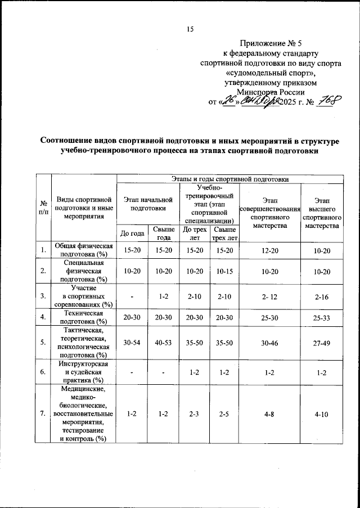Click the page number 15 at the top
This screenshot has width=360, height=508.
point(190,30)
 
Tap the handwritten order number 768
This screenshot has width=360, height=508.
point(327,102)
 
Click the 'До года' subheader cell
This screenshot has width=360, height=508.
point(132,233)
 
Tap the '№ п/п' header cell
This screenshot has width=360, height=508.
point(43,208)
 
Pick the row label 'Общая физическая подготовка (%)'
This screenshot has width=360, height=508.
point(84,249)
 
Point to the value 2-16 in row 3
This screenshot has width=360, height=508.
point(322,294)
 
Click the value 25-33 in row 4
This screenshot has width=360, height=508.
point(322,317)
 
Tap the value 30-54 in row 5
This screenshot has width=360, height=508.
point(132,341)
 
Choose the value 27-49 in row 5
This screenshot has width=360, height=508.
point(322,341)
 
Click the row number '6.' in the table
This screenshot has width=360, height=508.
point(43,372)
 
